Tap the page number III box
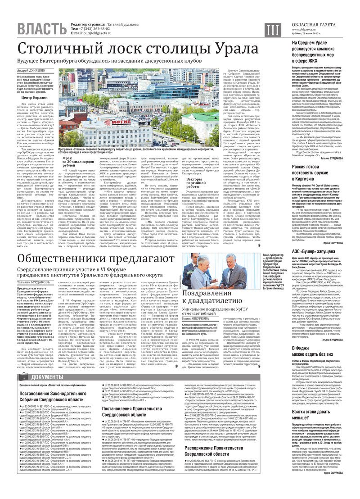(x=271, y=30)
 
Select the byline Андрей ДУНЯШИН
(x=32, y=71)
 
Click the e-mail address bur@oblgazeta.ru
(x=99, y=33)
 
